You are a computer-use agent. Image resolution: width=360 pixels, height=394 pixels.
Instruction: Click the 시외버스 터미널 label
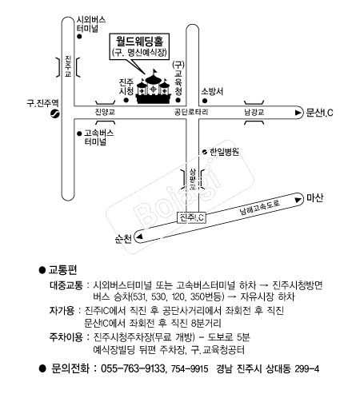point(91,24)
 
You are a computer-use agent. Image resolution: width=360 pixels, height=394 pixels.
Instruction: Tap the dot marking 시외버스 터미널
point(79,37)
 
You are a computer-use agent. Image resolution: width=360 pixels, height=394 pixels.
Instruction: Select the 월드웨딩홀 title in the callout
point(139,41)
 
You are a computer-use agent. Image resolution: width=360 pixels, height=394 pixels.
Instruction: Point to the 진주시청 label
point(126,86)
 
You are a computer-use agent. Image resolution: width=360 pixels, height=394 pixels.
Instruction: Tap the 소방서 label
point(212,91)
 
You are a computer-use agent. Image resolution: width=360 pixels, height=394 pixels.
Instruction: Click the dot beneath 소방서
point(205,101)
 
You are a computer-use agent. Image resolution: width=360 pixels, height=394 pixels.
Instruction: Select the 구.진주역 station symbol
point(55,113)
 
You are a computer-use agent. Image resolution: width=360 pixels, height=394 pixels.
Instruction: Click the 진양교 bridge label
point(105,112)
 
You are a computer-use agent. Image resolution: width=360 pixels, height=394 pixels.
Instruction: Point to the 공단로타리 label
point(191,112)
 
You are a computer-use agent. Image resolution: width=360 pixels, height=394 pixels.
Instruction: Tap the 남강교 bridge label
point(254,112)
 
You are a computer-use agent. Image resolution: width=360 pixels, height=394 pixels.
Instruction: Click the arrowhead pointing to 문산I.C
point(298,113)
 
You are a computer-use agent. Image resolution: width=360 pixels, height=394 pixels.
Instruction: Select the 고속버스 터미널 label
point(98,137)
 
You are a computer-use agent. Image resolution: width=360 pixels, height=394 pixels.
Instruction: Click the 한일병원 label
point(224,152)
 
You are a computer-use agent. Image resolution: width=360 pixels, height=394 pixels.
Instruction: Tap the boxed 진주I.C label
point(192,217)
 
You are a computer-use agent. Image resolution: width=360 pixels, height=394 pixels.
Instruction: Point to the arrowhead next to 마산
point(298,200)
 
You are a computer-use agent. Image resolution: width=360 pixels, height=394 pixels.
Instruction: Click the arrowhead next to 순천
point(140,237)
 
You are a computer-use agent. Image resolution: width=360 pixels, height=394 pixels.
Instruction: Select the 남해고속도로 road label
point(260,207)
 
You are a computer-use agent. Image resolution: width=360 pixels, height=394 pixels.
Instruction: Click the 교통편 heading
point(62,270)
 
